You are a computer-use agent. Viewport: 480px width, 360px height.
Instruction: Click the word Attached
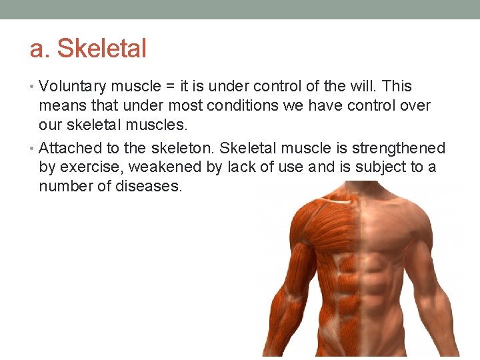click(x=67, y=148)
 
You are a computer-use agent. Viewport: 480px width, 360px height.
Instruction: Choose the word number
click(x=66, y=186)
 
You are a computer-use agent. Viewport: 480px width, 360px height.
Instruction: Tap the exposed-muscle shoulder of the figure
click(x=305, y=227)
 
